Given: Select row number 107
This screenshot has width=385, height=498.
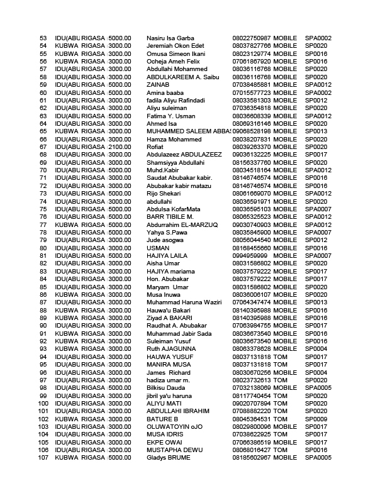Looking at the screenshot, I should point(43,458).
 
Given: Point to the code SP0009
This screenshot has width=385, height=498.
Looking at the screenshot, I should point(316,419).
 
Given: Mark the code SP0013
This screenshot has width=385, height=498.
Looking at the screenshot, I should point(316,131).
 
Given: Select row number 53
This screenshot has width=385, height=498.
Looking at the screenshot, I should point(43,38).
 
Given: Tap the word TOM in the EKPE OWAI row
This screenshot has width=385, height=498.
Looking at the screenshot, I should point(280,442).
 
